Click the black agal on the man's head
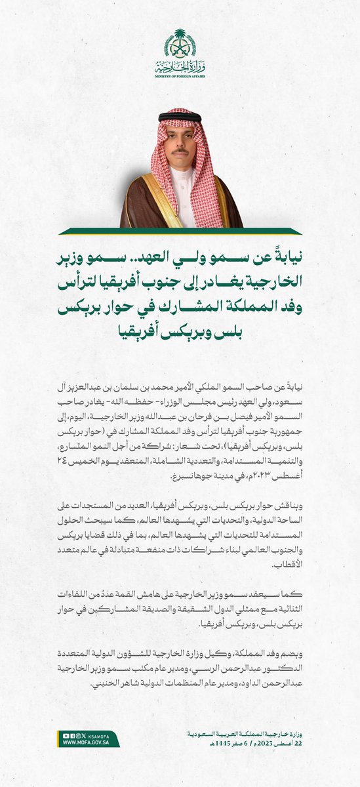click(180, 116)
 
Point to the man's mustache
click(180, 151)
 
